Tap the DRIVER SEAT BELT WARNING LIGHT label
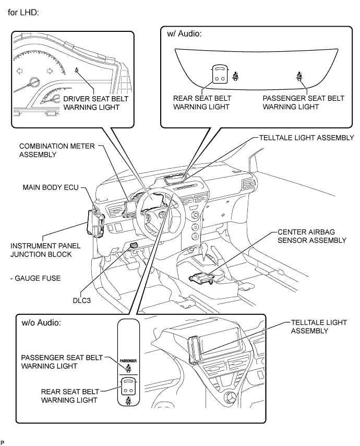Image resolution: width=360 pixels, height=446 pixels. (x=95, y=103)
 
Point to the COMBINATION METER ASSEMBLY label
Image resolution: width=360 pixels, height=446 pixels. (x=57, y=150)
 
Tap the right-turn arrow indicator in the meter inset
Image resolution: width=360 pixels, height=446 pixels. (x=51, y=71)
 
